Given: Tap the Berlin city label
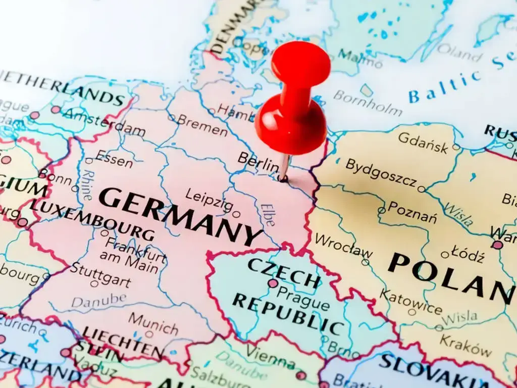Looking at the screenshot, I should (258, 162).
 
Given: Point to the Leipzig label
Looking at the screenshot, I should (209, 200).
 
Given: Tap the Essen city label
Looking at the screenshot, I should (114, 159).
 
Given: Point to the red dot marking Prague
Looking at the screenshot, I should (273, 283).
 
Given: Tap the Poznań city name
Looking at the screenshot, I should (412, 213).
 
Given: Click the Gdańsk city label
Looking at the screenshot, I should (423, 142).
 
